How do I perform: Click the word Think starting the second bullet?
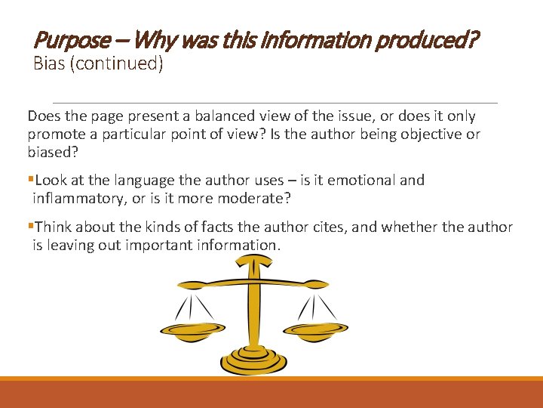pyautogui.click(x=54, y=227)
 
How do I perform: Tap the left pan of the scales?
pyautogui.click(x=192, y=329)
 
